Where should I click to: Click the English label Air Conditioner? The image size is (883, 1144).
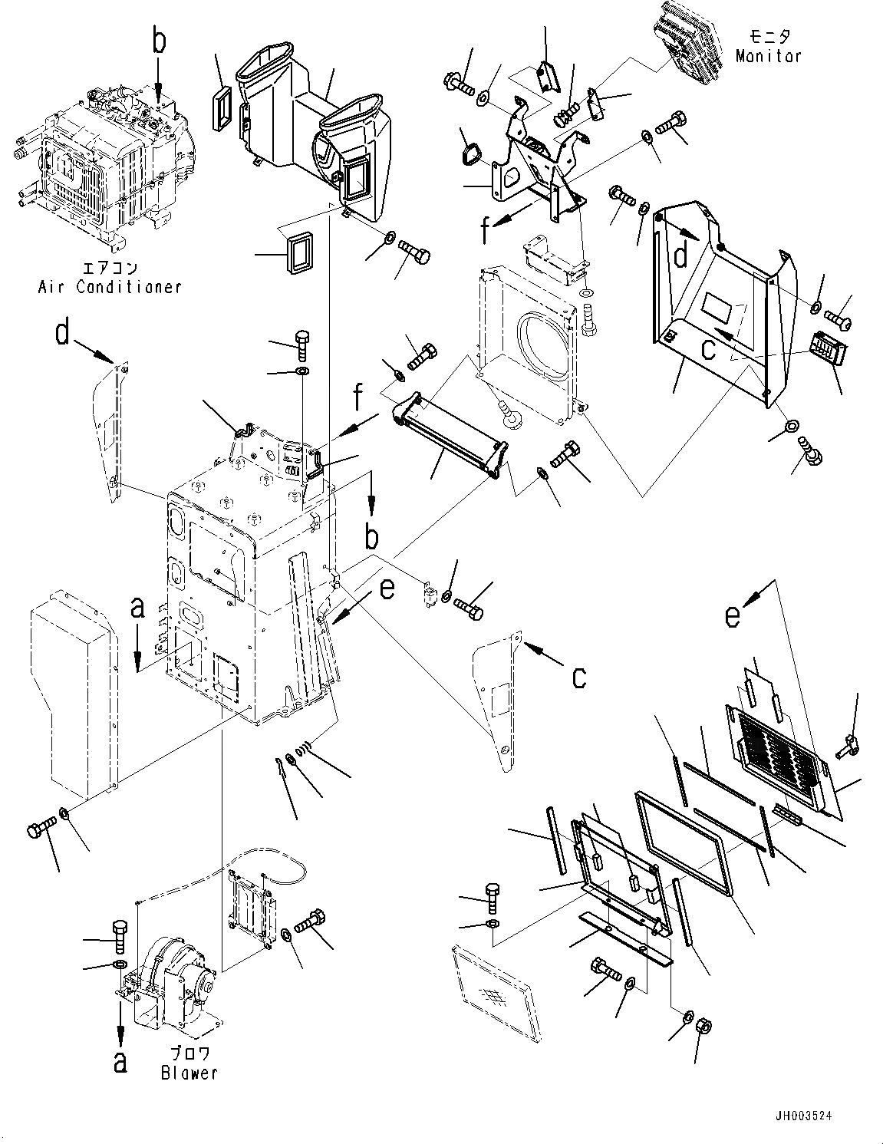[110, 287]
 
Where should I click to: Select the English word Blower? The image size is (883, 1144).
[189, 1073]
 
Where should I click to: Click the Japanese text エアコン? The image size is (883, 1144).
[110, 269]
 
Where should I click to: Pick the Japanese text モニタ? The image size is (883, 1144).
[768, 36]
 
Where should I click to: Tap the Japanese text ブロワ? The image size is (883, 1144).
[189, 1054]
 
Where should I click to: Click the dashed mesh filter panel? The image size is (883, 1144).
[491, 978]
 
